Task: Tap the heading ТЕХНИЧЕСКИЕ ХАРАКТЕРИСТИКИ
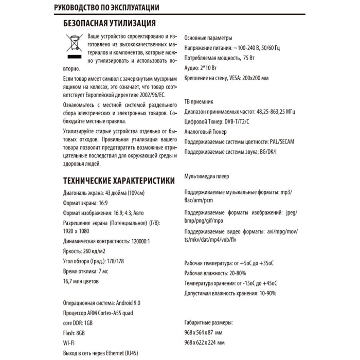click(118, 181)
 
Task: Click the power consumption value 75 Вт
click(248, 58)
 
